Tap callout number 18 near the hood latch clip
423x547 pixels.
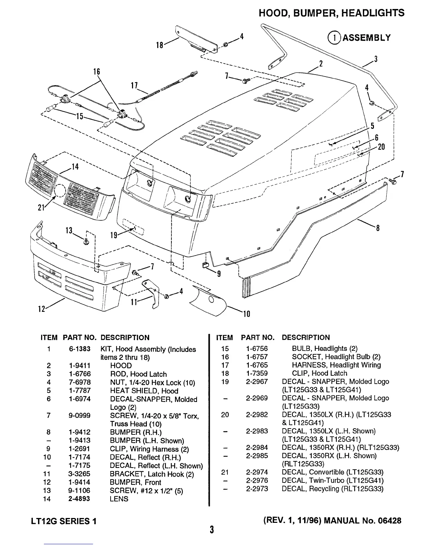[x=160, y=45]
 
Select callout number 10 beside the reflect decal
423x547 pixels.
[x=246, y=314]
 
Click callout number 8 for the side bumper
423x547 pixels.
[x=378, y=228]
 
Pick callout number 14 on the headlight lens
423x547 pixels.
[x=75, y=167]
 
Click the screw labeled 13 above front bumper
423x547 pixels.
[x=86, y=242]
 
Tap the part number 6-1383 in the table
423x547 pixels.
[x=79, y=349]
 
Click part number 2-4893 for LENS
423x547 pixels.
[x=79, y=499]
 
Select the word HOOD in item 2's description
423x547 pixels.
[x=121, y=365]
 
